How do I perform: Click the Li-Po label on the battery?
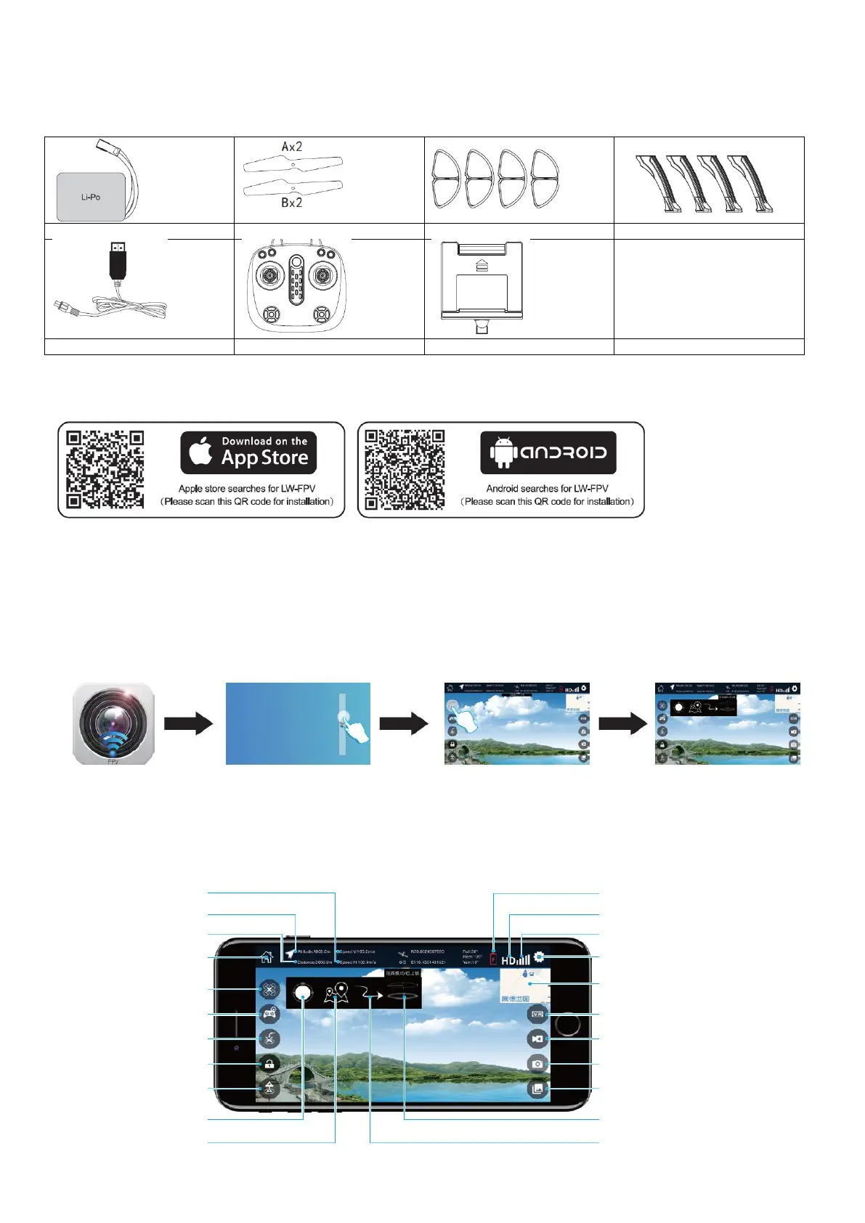(x=91, y=197)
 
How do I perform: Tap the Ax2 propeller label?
(x=292, y=147)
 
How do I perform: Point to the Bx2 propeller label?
(x=292, y=203)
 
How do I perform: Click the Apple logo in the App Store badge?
(x=200, y=451)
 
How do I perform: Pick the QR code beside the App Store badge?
(x=105, y=469)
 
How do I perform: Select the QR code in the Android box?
(x=405, y=469)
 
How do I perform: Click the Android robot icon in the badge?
(x=504, y=452)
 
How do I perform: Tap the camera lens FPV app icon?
(x=114, y=723)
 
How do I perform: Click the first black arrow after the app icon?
(x=188, y=723)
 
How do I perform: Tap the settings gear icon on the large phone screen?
(x=539, y=957)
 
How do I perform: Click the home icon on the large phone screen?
(x=267, y=957)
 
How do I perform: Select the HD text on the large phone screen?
(x=508, y=960)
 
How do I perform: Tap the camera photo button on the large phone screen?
(x=537, y=1064)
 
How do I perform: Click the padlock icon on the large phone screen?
(x=269, y=1064)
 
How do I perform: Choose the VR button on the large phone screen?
(x=537, y=1015)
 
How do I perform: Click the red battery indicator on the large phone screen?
(x=494, y=959)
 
